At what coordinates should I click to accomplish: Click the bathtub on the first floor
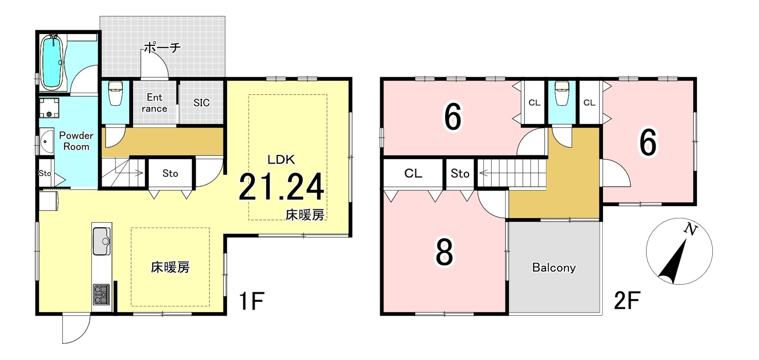click(52, 62)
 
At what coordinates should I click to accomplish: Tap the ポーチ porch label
click(162, 47)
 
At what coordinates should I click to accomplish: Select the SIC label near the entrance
click(201, 103)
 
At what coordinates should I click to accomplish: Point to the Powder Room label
click(76, 141)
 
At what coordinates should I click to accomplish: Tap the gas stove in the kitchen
click(102, 294)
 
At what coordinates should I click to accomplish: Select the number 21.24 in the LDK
click(281, 188)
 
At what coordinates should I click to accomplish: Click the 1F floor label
click(251, 301)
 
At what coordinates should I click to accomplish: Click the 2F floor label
click(627, 301)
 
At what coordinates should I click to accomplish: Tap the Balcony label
click(554, 267)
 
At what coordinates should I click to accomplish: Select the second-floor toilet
click(562, 94)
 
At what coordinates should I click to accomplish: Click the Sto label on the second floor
click(460, 174)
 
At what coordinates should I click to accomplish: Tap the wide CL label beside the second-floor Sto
click(413, 173)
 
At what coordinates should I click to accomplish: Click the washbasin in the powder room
click(46, 141)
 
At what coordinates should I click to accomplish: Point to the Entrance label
click(154, 103)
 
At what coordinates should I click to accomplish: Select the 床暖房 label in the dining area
click(170, 267)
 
